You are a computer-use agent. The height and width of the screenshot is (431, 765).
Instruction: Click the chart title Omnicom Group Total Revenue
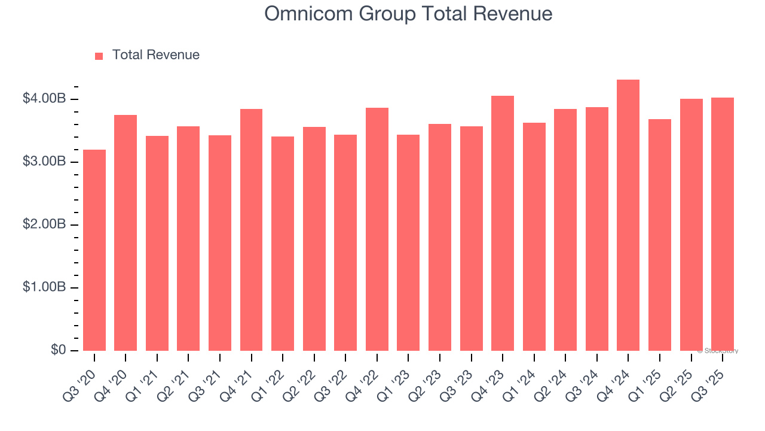point(408,13)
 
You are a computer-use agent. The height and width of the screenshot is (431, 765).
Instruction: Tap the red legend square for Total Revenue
point(99,56)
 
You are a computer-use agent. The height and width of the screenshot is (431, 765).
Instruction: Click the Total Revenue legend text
point(155,55)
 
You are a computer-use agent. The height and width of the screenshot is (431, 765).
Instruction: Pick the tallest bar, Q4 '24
point(628,215)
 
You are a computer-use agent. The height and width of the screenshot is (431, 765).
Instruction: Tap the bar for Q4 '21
point(251,230)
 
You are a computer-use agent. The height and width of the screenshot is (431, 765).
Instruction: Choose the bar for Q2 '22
point(314,239)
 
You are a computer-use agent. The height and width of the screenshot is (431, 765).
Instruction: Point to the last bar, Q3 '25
point(723,224)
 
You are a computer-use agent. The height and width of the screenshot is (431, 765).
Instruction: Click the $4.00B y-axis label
point(44,99)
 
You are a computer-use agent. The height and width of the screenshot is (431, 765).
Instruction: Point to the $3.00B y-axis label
point(44,162)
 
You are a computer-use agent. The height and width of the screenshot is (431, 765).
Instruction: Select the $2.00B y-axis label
point(44,224)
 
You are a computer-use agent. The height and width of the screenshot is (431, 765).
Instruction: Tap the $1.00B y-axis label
point(44,287)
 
